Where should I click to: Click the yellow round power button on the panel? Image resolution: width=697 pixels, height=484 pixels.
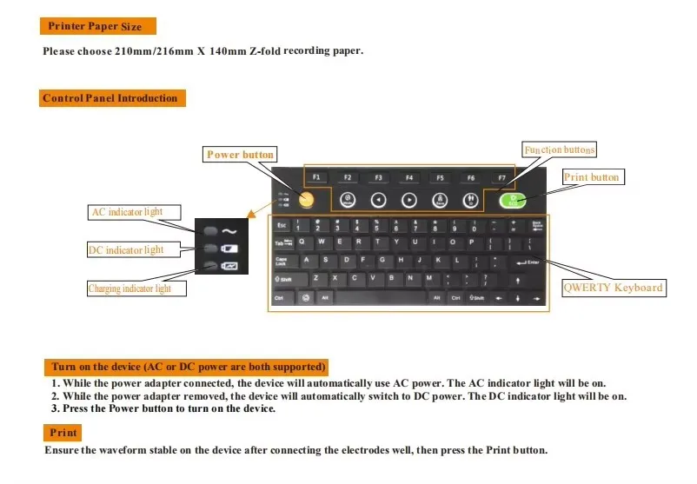[306, 200]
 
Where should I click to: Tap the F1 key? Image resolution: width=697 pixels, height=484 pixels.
[317, 177]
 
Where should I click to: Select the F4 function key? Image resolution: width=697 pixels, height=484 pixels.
[408, 177]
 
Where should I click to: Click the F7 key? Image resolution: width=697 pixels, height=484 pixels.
[501, 177]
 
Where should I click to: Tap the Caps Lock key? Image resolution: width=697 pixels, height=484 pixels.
[282, 261]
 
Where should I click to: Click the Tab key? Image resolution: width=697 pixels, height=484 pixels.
[282, 242]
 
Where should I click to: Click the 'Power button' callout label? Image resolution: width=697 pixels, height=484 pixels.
[240, 155]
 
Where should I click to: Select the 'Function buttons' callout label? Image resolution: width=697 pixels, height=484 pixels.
[559, 149]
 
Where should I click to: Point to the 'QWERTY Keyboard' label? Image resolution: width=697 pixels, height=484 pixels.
[614, 288]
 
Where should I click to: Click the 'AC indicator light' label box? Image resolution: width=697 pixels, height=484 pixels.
[126, 212]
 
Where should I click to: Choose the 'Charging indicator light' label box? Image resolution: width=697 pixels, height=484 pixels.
[129, 288]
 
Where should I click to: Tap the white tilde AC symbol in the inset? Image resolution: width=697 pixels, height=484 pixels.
[229, 231]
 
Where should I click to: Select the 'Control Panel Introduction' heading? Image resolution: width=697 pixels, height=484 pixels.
[110, 98]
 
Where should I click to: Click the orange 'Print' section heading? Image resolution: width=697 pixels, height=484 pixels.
[63, 432]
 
